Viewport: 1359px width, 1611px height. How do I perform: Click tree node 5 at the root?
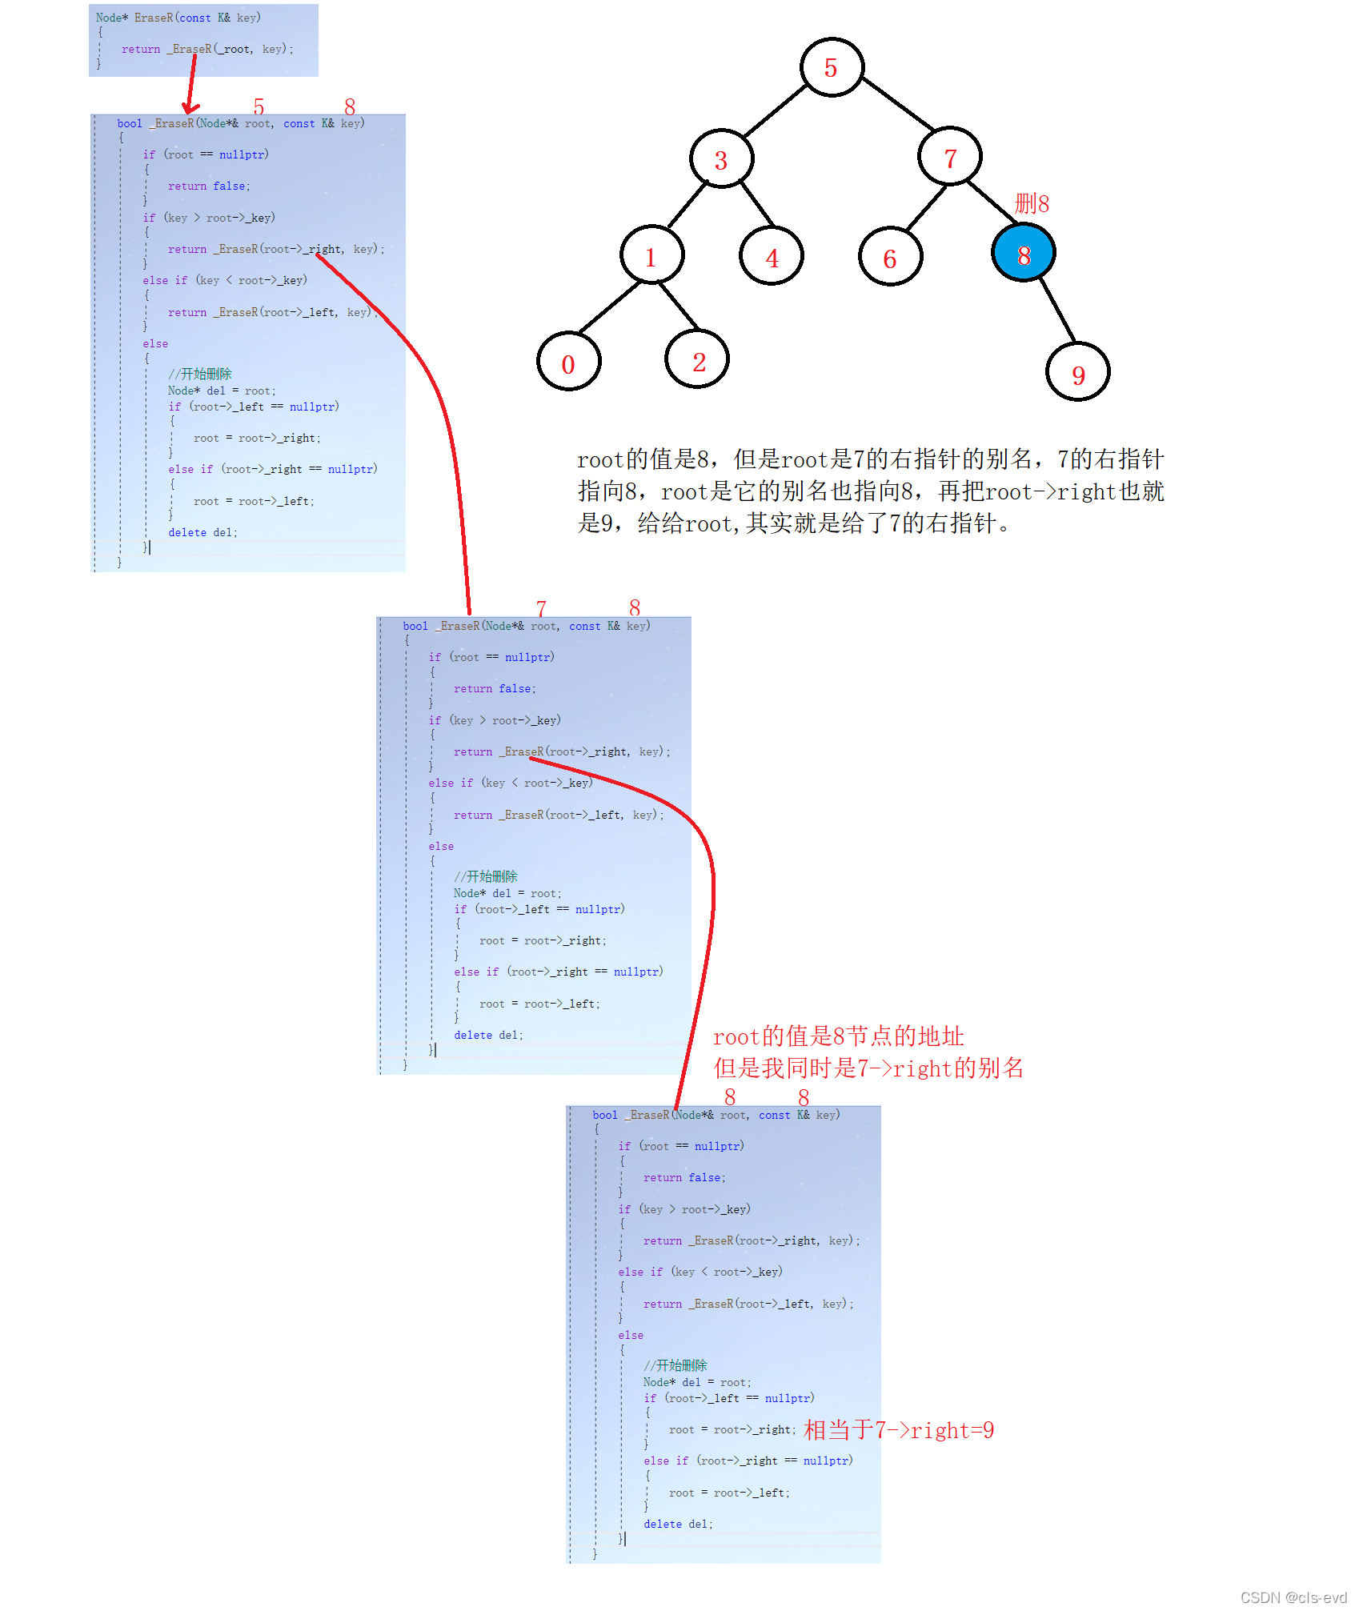pos(832,68)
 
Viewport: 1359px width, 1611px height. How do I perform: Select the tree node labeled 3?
pos(721,159)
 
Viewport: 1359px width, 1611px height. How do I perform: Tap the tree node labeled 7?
pos(950,158)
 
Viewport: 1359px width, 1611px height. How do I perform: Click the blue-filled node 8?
pos(1023,254)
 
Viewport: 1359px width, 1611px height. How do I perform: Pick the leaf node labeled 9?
pos(1077,372)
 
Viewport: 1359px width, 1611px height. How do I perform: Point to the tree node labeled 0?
pos(568,363)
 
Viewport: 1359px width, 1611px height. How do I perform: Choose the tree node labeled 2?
pos(697,361)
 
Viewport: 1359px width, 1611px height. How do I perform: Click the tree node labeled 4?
pos(771,257)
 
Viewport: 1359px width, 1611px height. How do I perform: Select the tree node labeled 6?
pos(889,257)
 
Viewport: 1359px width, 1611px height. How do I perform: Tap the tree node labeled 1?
pos(651,256)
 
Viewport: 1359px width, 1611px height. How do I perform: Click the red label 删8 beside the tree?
pos(1032,203)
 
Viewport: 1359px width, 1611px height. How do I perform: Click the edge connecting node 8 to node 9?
pos(1056,311)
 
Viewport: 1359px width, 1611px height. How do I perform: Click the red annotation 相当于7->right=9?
pos(898,1430)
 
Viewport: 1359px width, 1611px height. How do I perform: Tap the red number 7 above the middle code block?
pos(541,608)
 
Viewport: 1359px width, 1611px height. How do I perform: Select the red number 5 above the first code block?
pos(259,106)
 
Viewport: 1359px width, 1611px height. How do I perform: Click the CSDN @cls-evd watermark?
pos(1293,1597)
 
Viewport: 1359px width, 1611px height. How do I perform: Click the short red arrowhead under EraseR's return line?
pos(190,107)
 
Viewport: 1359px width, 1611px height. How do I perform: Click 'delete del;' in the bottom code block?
pos(678,1524)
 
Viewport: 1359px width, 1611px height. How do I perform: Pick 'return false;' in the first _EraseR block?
pos(209,186)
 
